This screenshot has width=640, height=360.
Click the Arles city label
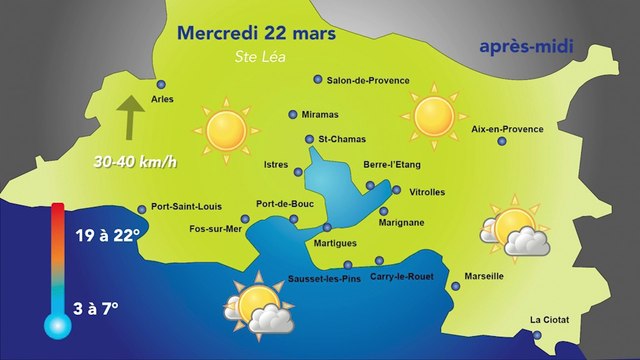[x=162, y=99]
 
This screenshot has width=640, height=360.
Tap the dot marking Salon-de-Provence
[x=318, y=79]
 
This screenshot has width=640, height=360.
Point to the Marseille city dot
[x=456, y=287]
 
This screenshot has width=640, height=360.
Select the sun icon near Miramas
[x=225, y=129]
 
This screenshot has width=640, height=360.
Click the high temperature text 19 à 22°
[x=112, y=236]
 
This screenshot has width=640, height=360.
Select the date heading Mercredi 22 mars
[x=258, y=33]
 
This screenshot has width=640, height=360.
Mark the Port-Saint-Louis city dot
[x=141, y=209]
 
